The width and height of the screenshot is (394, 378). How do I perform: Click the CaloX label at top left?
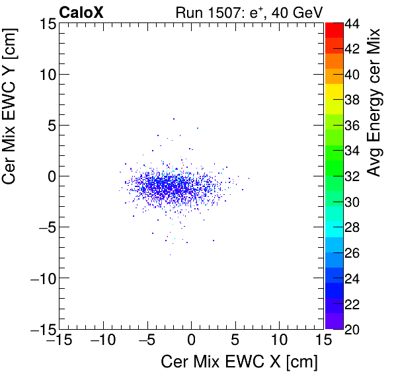[81, 11]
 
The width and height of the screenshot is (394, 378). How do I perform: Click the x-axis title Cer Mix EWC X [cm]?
[240, 361]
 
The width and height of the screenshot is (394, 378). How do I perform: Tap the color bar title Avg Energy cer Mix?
[375, 102]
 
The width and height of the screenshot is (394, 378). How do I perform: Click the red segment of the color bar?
[334, 30]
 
